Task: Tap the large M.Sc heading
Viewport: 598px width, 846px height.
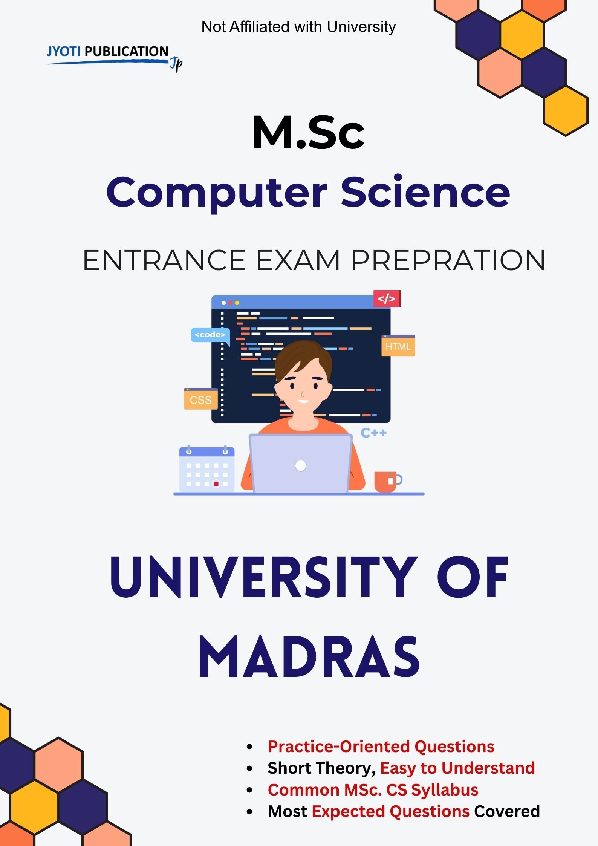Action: tap(309, 133)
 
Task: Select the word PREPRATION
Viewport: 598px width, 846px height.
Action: tap(448, 260)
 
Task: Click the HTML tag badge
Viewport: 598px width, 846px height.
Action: tap(398, 346)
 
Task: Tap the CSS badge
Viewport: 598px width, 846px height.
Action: tap(201, 399)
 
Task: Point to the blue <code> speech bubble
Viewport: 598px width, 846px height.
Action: tap(210, 336)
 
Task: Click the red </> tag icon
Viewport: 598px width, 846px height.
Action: tap(387, 298)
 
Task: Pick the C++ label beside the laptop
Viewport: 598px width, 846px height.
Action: tap(373, 433)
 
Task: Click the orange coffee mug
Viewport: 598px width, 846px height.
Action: tap(388, 481)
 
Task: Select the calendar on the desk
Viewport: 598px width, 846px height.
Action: tap(206, 468)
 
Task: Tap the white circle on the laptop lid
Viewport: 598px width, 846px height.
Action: tap(301, 466)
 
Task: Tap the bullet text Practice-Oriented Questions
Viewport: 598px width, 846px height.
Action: tap(381, 746)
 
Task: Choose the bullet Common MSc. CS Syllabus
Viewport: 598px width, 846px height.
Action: tap(373, 789)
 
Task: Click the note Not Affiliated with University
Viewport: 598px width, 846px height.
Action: tap(298, 27)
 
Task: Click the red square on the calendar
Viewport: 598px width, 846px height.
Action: tap(216, 483)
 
